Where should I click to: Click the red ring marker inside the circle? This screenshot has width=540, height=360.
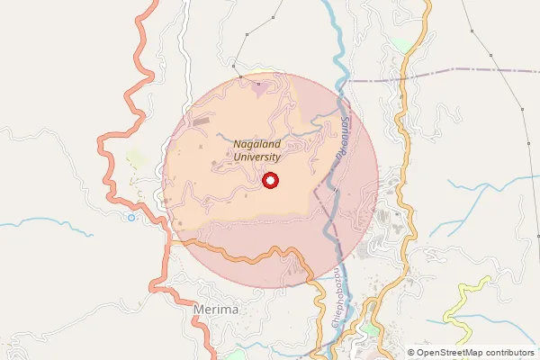click(270, 181)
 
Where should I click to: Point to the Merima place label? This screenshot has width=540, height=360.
click(217, 310)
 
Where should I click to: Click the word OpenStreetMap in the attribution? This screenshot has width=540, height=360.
click(456, 353)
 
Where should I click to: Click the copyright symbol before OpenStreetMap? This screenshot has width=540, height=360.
click(410, 353)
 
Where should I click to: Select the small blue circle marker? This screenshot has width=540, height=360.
click(131, 217)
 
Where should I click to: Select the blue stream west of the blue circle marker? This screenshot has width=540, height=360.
click(54, 221)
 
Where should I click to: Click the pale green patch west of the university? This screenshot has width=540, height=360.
click(137, 160)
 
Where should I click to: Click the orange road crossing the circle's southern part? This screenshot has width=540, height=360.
click(243, 257)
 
